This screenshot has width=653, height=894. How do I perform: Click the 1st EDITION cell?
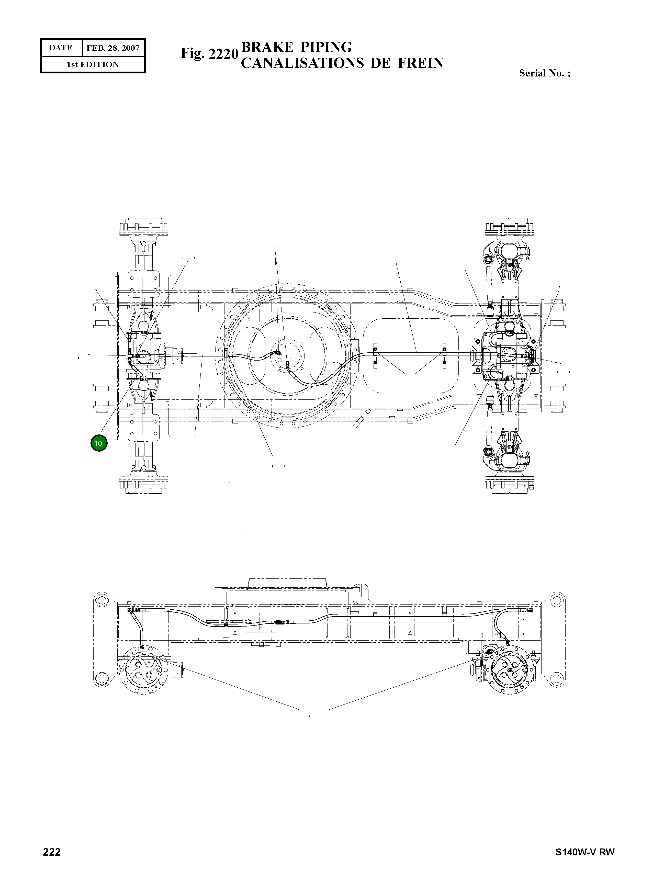click(x=93, y=64)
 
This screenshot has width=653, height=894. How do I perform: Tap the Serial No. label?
click(x=544, y=73)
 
